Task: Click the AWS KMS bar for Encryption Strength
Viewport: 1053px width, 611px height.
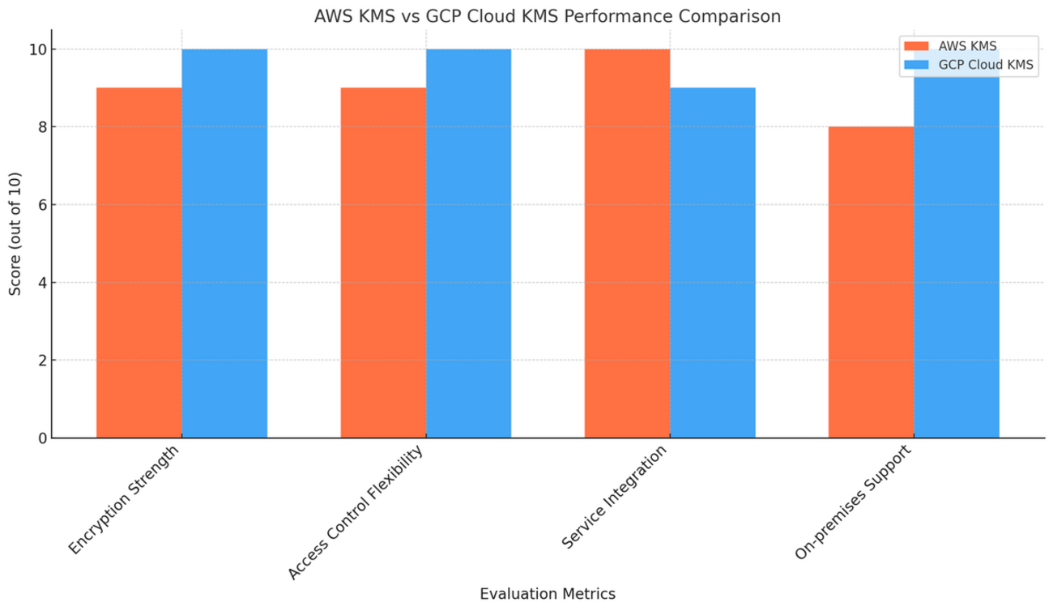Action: [139, 263]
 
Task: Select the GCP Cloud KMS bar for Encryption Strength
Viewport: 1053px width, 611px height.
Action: [224, 243]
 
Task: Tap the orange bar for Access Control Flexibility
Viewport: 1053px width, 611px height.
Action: [383, 263]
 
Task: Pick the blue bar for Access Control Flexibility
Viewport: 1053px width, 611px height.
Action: [468, 243]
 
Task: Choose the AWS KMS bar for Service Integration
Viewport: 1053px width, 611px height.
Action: [627, 243]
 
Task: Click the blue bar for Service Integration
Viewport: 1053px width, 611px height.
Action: [713, 263]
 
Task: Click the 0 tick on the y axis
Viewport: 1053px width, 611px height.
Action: [40, 438]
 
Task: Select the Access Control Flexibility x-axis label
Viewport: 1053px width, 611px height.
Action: [356, 512]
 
